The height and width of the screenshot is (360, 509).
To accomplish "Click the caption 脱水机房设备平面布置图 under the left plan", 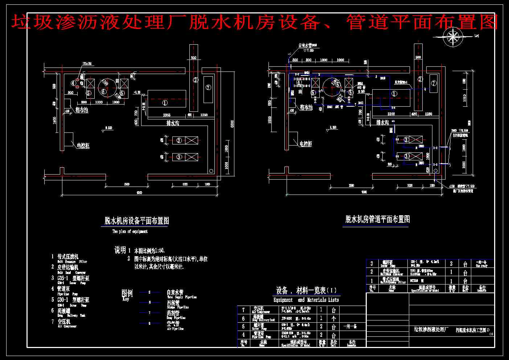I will (x=137, y=221).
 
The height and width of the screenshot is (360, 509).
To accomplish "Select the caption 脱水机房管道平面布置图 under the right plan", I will (x=378, y=219).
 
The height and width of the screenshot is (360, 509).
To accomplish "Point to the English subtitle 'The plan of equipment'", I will (x=130, y=231).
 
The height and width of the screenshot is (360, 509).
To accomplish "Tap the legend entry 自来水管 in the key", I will (x=175, y=292).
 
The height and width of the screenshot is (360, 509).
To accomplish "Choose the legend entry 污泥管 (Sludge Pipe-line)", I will (x=173, y=302).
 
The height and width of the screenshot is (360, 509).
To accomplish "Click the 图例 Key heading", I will (x=127, y=293).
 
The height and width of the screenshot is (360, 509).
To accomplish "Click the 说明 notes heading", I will (x=120, y=250).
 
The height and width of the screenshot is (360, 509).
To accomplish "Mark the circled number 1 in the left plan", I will (x=165, y=103).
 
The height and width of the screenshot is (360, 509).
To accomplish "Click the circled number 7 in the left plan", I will (x=208, y=87).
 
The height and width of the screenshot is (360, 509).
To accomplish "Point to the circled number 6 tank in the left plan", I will (x=104, y=92).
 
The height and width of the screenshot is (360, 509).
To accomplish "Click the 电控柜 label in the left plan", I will (x=83, y=146).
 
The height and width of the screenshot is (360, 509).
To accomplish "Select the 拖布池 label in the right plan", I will (x=306, y=107).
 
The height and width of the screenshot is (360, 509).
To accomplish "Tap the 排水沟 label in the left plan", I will (x=173, y=123).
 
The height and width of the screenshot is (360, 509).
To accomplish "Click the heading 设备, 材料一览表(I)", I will (x=307, y=291).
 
